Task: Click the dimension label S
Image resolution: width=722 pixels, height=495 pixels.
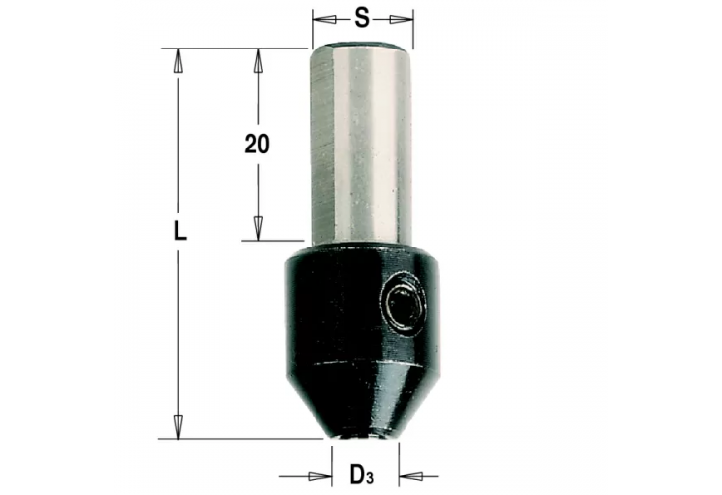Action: (362, 19)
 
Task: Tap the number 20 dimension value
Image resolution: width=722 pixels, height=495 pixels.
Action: (257, 145)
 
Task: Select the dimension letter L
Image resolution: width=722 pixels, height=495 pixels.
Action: (180, 231)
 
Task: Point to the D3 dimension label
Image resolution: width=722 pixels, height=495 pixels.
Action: (361, 475)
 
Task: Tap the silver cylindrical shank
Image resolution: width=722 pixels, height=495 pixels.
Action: (361, 143)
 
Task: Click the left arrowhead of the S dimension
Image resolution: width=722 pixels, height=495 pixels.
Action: (324, 19)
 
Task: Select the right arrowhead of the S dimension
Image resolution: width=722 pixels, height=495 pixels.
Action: (402, 19)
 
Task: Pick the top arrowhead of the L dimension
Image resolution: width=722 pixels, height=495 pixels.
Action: (178, 60)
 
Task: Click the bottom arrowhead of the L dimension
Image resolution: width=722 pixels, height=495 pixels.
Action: (178, 427)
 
